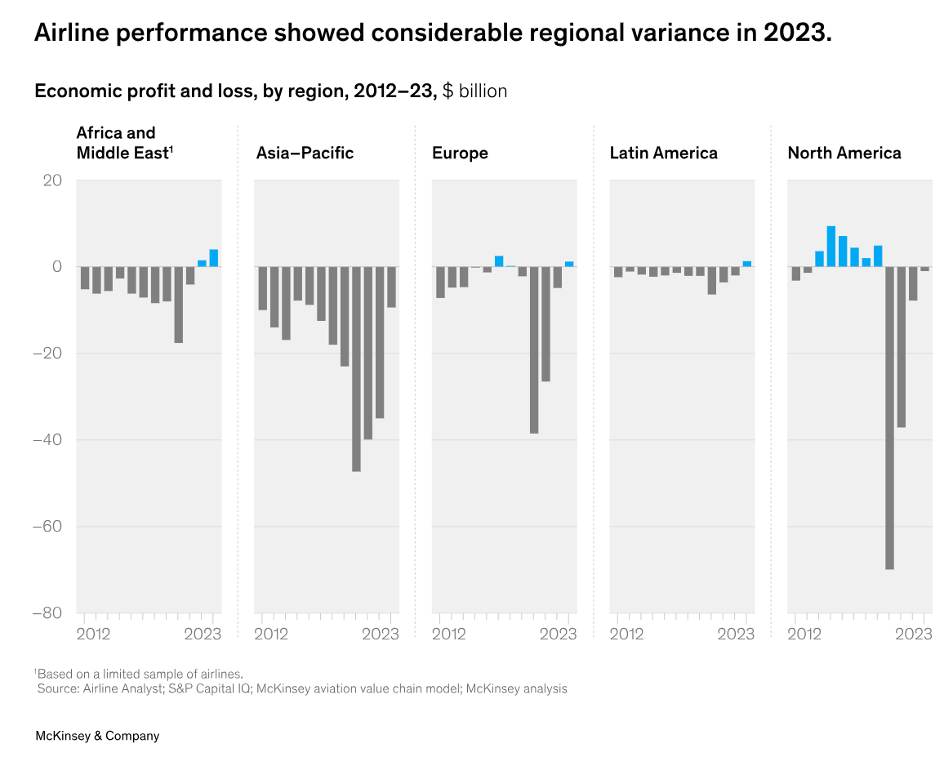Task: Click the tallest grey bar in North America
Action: [889, 417]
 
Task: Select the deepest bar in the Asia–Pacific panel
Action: [356, 369]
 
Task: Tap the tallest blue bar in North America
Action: [831, 246]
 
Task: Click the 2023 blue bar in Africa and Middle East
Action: [214, 258]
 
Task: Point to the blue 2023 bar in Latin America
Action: [746, 264]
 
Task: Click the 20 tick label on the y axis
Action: [52, 180]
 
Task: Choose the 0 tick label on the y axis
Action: [57, 267]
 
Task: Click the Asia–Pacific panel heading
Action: [305, 153]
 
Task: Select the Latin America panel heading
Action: [663, 153]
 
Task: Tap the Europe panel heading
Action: [460, 153]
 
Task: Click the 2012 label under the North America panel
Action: [804, 634]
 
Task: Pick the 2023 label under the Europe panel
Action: [559, 634]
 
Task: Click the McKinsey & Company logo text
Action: [97, 736]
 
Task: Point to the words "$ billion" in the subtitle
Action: [474, 91]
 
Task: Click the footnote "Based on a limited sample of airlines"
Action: [140, 674]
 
